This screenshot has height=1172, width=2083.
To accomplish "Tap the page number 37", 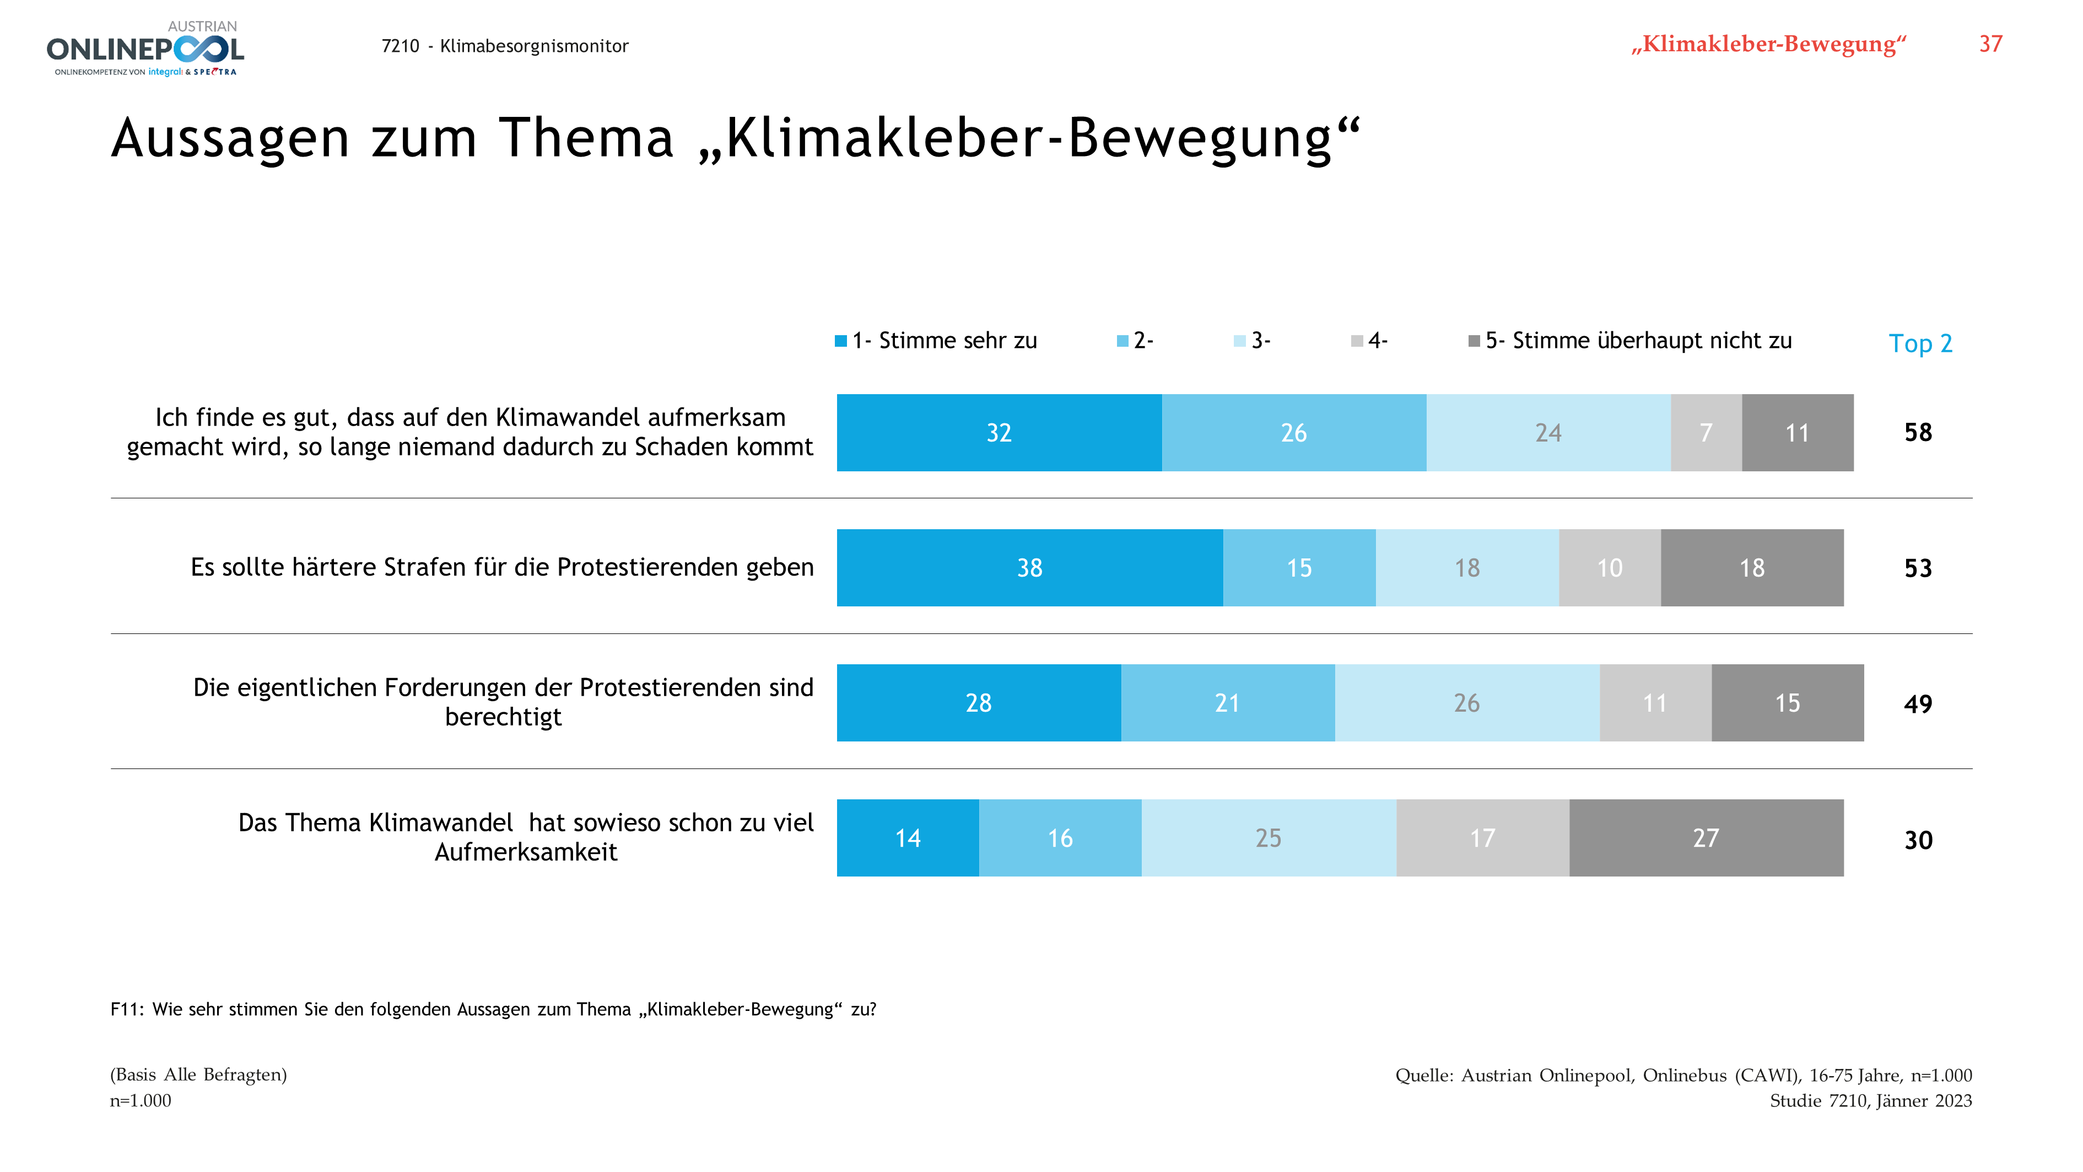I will coord(1990,45).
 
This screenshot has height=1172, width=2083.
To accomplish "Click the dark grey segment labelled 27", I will coord(1706,838).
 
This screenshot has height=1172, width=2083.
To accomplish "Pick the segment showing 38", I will coord(1029,568).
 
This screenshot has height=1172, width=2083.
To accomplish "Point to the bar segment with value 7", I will coord(1706,433).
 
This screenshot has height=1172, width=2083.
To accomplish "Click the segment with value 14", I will coord(907,838).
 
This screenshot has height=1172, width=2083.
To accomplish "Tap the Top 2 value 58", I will coord(1918,433).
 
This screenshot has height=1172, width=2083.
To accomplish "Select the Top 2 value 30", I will coord(1918,840).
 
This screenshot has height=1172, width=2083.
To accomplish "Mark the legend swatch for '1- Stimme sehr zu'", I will coord(841,341).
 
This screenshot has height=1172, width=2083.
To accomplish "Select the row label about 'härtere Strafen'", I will coord(502,568).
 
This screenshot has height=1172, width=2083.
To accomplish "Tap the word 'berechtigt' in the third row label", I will coord(503,717).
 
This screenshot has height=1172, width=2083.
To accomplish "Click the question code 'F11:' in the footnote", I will coord(127,1009).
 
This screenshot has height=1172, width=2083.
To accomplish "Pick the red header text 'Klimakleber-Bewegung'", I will coord(1768,45).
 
